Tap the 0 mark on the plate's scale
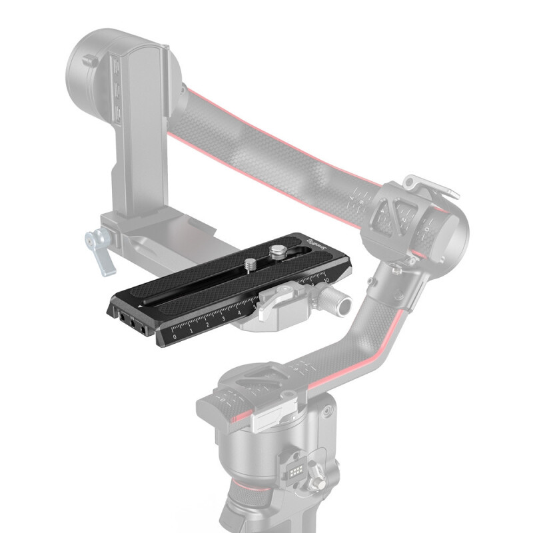pyautogui.click(x=175, y=337)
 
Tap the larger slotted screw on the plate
pyautogui.click(x=276, y=252)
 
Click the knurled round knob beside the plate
pyautogui.click(x=344, y=304)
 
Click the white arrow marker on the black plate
pyautogui.click(x=139, y=304)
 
